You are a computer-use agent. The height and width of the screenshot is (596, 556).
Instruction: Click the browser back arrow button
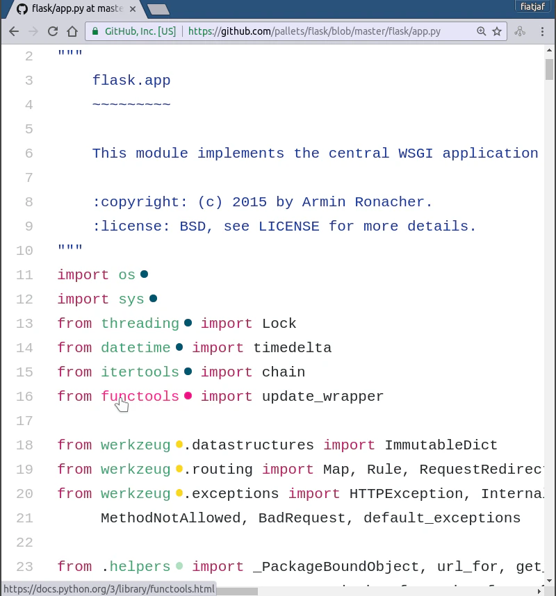[x=14, y=31]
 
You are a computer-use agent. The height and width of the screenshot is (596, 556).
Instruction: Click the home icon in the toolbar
[x=72, y=31]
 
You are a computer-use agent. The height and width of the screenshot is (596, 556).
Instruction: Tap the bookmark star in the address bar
[x=497, y=31]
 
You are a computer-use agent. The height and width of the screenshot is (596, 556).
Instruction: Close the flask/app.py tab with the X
[x=133, y=9]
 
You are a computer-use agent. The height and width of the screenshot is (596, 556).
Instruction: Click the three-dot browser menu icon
[x=542, y=31]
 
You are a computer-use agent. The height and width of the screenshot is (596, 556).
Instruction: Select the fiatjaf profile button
[x=532, y=6]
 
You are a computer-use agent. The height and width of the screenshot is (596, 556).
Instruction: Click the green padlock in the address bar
[x=95, y=31]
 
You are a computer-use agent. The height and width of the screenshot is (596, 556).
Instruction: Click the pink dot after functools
[x=188, y=396]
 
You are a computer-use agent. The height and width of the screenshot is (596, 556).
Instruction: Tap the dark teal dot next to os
[x=144, y=274]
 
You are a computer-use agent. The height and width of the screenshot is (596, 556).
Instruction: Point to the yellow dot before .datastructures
[x=179, y=445]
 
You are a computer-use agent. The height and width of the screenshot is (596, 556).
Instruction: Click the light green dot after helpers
[x=179, y=566]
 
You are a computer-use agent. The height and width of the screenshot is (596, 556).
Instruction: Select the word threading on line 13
[x=140, y=324]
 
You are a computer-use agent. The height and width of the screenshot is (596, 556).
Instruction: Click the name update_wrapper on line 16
[x=323, y=397]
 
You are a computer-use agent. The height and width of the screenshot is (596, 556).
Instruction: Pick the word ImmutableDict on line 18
[x=441, y=445]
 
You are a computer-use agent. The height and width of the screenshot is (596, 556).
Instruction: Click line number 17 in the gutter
[x=25, y=421]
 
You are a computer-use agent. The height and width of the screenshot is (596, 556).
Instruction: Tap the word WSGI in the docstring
[x=416, y=154]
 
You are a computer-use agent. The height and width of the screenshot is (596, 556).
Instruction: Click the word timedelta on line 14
[x=293, y=348]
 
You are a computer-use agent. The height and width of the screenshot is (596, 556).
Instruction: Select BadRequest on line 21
[x=302, y=518]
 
